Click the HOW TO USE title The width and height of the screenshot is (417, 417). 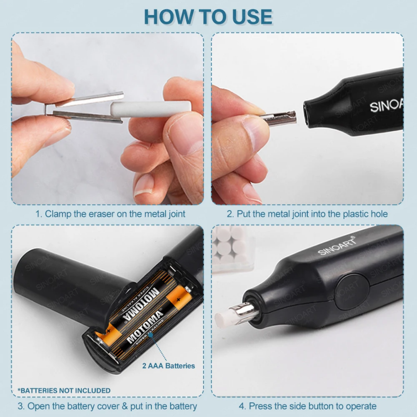coord(208,17)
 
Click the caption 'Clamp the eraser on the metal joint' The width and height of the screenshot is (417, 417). coord(110,214)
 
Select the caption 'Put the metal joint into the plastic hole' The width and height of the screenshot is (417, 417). coord(307,214)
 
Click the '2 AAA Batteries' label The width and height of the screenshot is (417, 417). coord(168,366)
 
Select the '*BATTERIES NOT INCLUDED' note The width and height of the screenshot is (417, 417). coord(64,391)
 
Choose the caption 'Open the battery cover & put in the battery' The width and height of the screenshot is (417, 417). coord(107,406)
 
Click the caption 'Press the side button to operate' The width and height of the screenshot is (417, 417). coord(307,406)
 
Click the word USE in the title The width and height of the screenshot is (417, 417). coord(253,17)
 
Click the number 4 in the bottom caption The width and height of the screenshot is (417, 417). coord(242,406)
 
